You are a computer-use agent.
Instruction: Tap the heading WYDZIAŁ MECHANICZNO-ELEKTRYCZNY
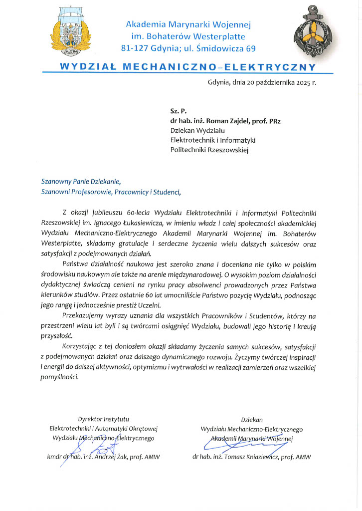187,66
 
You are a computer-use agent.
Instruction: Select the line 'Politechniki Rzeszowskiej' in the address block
209,149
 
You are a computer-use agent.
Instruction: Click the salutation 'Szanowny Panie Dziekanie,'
81,182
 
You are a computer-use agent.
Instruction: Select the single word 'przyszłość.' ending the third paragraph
56,336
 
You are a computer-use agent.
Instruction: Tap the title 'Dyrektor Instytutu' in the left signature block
103,419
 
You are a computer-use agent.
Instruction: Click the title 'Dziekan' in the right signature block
251,420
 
